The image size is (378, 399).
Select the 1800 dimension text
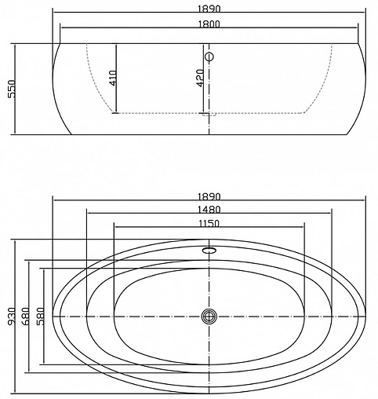coord(209,24)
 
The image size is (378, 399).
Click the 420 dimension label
coord(202,77)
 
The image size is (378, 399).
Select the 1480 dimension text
coord(209,209)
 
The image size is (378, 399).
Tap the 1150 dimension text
coord(209,223)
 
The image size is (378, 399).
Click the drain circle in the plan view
coord(209,316)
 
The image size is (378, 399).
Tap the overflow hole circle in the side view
coord(209,57)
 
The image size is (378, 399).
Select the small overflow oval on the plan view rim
coord(209,251)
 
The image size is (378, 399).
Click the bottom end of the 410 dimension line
coord(117,113)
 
